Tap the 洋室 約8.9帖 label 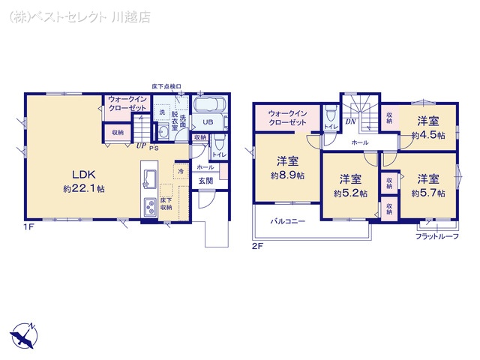287,167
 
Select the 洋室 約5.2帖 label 350,186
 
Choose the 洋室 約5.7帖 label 428,185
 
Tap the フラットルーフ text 436,237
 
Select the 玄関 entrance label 205,180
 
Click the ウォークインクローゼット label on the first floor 128,103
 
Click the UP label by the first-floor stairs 140,148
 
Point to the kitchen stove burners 149,207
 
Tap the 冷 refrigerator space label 180,171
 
